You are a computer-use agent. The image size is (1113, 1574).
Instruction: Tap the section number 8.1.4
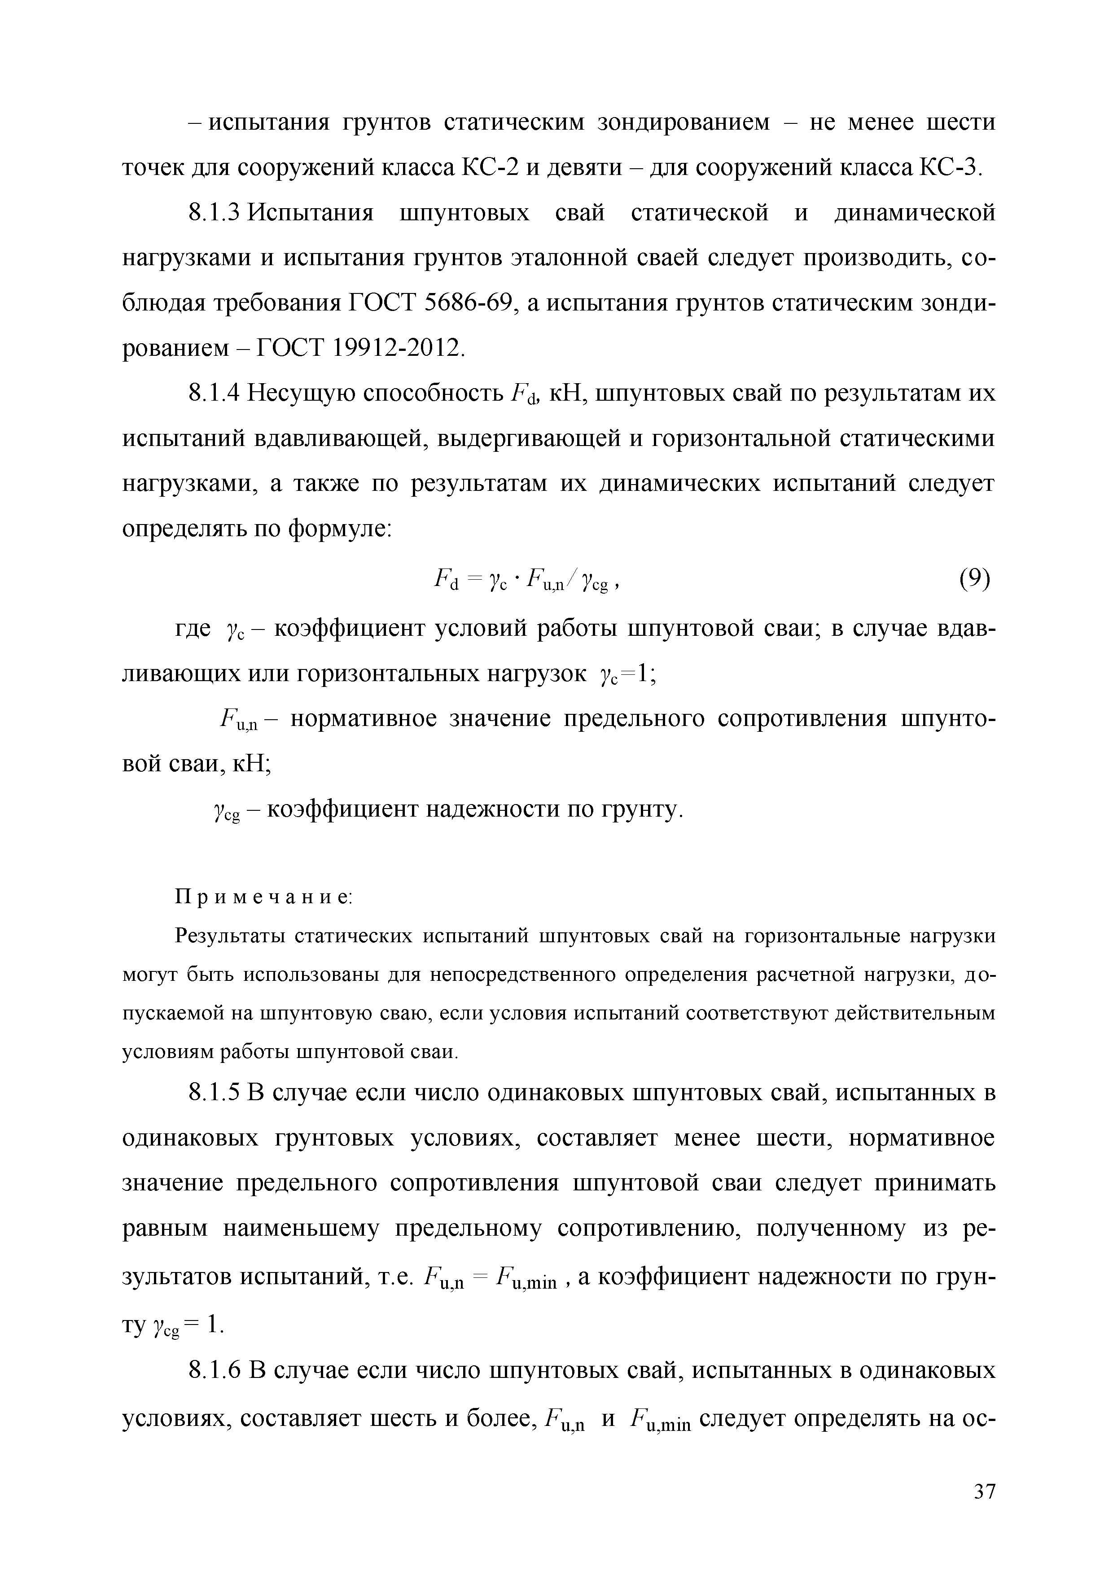point(213,393)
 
